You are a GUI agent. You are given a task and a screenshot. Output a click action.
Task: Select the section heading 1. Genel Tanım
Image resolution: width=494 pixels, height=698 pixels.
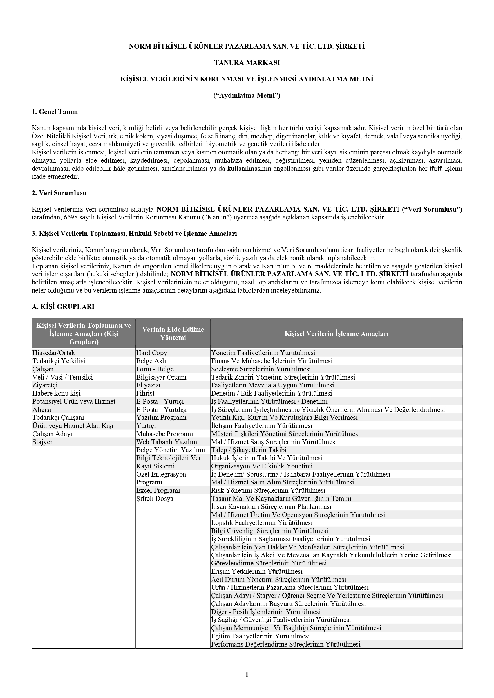[55, 112]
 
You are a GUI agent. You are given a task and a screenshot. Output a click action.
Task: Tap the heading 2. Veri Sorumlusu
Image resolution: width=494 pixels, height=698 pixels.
[59, 193]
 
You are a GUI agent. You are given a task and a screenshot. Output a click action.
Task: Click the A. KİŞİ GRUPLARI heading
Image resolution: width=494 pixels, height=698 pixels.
[63, 306]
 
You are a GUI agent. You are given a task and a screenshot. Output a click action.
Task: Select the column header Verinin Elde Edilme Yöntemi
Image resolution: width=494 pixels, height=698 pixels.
[173, 333]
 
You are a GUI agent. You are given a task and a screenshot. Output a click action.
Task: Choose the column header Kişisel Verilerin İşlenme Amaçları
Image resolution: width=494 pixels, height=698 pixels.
[336, 333]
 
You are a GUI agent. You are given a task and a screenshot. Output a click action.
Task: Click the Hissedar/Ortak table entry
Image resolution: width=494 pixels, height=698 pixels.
[53, 353]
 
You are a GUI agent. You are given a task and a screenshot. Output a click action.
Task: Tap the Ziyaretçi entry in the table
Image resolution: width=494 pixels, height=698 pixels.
[45, 385]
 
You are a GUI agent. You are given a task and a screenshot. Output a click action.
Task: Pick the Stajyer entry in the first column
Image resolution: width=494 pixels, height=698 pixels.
[43, 442]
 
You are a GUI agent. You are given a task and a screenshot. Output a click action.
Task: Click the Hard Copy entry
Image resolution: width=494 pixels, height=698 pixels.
[151, 353]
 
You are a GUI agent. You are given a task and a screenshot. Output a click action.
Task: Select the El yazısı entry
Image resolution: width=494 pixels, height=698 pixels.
[148, 385]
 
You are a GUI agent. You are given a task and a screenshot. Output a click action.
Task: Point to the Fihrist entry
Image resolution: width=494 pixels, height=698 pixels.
[146, 393]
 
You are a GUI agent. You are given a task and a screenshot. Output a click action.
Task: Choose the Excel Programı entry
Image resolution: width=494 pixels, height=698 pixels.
[158, 490]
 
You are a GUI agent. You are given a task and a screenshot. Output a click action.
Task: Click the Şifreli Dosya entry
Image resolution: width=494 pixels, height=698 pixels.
[155, 499]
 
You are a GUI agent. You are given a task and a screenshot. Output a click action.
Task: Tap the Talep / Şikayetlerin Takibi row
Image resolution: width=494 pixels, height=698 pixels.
[249, 450]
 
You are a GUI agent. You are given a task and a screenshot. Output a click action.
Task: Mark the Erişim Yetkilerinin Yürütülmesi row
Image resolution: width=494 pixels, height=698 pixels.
[257, 571]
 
